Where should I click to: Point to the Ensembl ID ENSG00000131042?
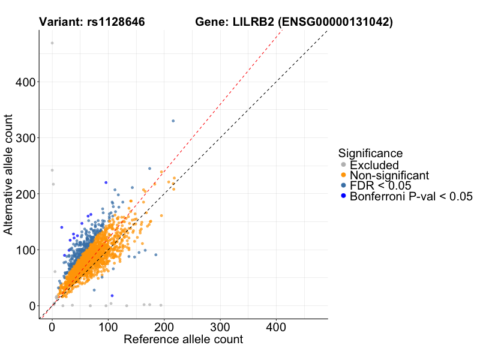(x=336, y=23)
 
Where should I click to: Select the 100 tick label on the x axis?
(x=108, y=328)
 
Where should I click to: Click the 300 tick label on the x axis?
(x=220, y=328)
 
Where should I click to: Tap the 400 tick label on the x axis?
(x=276, y=328)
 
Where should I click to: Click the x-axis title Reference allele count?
(x=183, y=340)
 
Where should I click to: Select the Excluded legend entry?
(x=374, y=164)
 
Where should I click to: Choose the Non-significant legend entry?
(x=389, y=175)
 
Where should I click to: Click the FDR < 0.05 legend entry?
(x=382, y=185)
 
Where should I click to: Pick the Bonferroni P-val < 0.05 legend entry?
(x=412, y=196)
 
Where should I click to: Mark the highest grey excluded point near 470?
(x=52, y=43)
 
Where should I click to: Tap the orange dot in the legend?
(x=343, y=175)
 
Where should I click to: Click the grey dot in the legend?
(x=343, y=164)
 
